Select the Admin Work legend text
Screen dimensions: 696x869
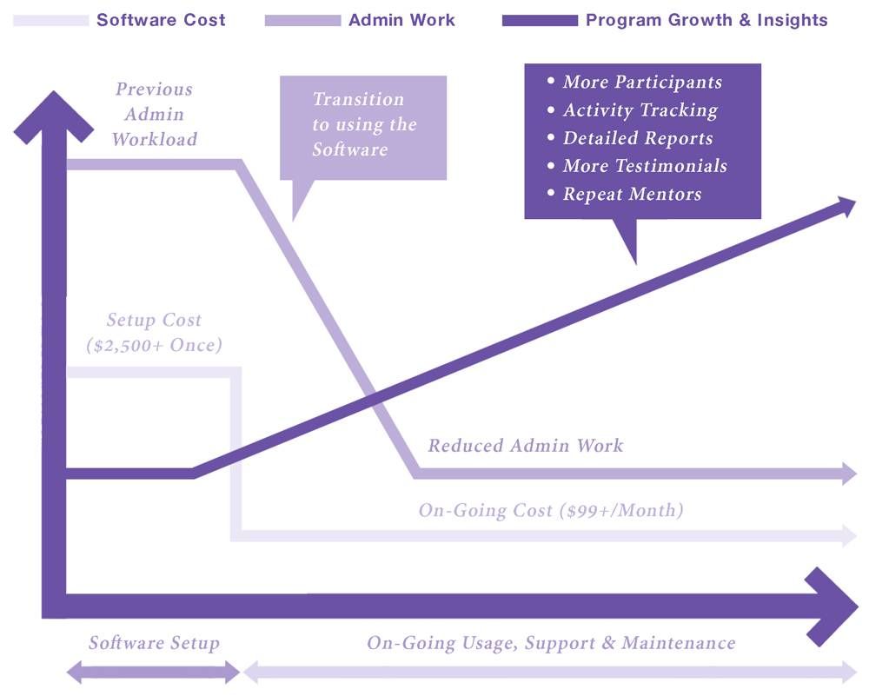pyautogui.click(x=401, y=20)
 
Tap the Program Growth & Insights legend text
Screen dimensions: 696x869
pyautogui.click(x=706, y=20)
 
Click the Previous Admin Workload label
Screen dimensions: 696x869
pyautogui.click(x=154, y=114)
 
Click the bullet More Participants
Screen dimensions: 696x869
pyautogui.click(x=641, y=83)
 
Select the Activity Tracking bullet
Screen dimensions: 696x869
pyautogui.click(x=640, y=110)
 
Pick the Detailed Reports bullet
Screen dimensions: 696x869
pyautogui.click(x=637, y=138)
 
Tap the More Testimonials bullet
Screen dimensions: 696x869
pyautogui.click(x=644, y=166)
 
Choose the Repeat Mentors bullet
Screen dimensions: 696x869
pyautogui.click(x=631, y=194)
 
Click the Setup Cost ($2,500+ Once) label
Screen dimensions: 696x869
pyautogui.click(x=154, y=333)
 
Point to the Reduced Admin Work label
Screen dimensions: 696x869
pyautogui.click(x=525, y=446)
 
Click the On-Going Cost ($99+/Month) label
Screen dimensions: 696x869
pyautogui.click(x=551, y=510)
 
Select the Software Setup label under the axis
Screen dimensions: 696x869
pyautogui.click(x=154, y=643)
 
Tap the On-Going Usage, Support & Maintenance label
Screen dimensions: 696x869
pyautogui.click(x=551, y=643)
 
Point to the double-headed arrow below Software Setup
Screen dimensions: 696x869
pyautogui.click(x=154, y=672)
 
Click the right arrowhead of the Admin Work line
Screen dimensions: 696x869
pyautogui.click(x=850, y=474)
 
